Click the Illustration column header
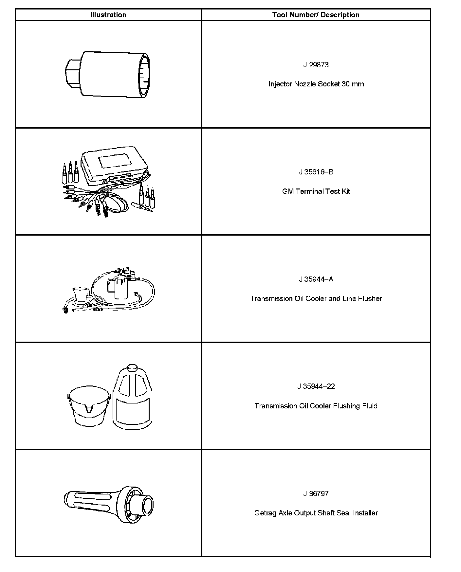(x=108, y=15)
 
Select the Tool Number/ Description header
(x=316, y=15)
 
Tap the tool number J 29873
(x=316, y=65)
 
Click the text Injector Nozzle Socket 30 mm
(x=316, y=84)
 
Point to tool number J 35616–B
(x=316, y=172)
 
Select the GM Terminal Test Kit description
(x=316, y=191)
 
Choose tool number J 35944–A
(x=316, y=279)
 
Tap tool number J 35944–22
(x=316, y=386)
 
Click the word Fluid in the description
(x=370, y=406)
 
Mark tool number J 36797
(x=316, y=493)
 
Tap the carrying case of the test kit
(x=115, y=164)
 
